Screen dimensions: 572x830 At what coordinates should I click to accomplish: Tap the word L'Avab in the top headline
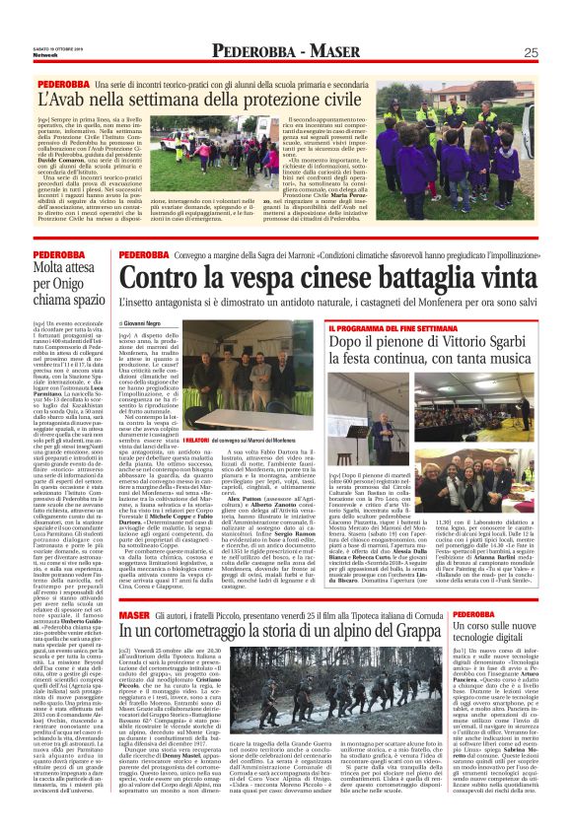pyautogui.click(x=62, y=99)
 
